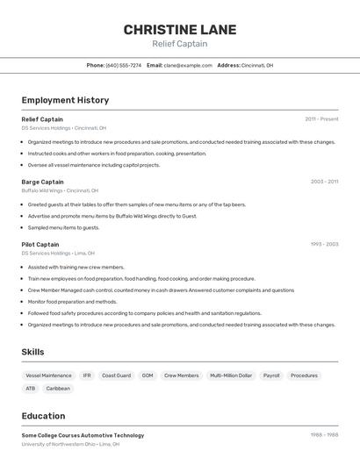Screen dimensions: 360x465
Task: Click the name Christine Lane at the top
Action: point(180,29)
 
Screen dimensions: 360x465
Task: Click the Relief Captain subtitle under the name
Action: point(180,44)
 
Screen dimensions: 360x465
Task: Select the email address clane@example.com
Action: point(188,65)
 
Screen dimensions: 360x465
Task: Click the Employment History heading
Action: point(65,100)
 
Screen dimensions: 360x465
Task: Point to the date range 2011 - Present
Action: point(321,118)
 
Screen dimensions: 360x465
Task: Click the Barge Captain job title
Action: point(42,182)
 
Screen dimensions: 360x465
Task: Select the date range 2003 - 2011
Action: point(324,182)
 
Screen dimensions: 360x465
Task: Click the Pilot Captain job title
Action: point(40,245)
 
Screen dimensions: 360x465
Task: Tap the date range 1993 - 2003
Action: point(324,245)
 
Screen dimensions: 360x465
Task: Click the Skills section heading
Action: point(33,352)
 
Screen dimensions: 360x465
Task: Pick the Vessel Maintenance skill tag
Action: point(49,376)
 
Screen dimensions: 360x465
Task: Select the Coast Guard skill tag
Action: point(116,376)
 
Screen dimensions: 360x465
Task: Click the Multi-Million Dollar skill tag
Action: point(231,376)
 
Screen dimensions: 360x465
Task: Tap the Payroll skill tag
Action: point(271,376)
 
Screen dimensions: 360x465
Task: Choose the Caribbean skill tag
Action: point(58,388)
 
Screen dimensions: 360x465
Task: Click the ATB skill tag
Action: point(31,388)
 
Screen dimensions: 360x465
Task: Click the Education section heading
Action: point(43,416)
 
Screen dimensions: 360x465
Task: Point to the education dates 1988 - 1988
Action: point(324,435)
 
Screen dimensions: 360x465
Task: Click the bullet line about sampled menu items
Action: point(63,227)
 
